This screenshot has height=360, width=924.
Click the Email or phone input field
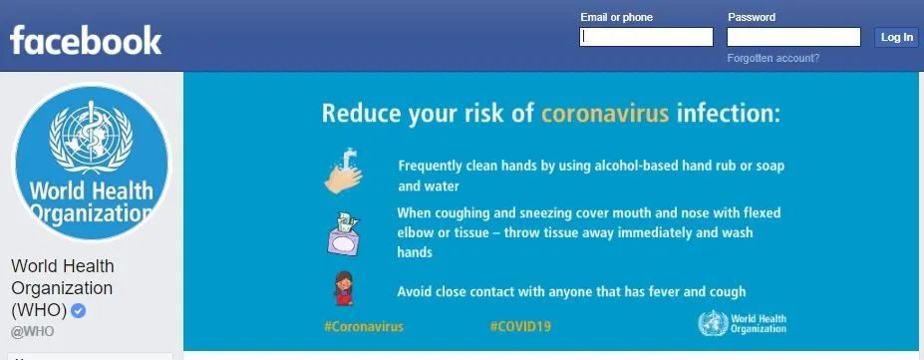point(646,37)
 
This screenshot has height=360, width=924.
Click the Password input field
point(793,37)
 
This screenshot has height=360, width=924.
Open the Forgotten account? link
point(773,58)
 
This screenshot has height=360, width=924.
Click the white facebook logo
point(86,40)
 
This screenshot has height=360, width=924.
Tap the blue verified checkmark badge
point(79,310)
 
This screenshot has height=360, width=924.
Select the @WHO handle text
point(33,332)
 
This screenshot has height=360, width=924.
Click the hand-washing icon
point(344,171)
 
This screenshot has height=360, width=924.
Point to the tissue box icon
point(344,235)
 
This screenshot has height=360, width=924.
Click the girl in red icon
point(344,288)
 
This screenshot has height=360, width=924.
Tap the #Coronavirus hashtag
point(364,326)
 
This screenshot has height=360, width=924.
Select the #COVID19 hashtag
point(520,326)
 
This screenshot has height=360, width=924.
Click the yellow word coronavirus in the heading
point(605,113)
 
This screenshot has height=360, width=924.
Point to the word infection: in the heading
point(729,113)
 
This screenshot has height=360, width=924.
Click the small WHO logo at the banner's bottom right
point(742,323)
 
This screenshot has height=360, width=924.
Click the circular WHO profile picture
point(92,162)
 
